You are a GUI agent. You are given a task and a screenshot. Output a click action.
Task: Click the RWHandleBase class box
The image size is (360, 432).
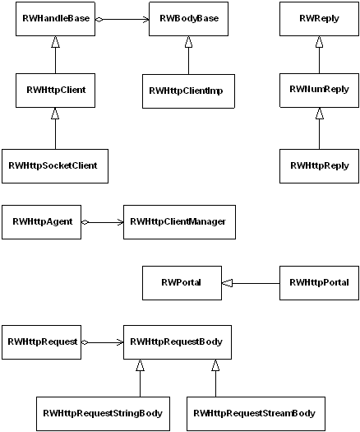[55, 19]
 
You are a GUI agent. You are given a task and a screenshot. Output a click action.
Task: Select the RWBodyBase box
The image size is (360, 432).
[188, 19]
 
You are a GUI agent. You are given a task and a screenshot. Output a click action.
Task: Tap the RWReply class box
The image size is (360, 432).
[319, 19]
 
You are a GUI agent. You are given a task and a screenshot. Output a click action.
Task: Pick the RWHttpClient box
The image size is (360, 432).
[55, 91]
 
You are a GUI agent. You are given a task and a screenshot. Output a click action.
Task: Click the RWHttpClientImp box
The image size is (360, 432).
[188, 91]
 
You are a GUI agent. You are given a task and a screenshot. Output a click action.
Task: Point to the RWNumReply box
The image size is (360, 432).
[319, 91]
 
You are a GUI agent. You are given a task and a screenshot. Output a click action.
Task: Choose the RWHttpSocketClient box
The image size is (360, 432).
[55, 166]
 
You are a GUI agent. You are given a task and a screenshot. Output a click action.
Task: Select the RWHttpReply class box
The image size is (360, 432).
[319, 166]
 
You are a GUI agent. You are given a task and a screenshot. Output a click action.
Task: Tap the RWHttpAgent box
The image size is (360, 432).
[42, 222]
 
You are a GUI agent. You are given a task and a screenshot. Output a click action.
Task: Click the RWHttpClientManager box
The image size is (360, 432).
[179, 222]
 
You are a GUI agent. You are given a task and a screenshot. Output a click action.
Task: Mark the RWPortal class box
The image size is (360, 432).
[182, 283]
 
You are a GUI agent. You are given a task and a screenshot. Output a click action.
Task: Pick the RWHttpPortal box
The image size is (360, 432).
[319, 283]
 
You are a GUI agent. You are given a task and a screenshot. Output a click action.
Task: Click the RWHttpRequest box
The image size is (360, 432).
[42, 342]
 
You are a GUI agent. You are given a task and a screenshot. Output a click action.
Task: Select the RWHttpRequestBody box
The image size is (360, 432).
[178, 342]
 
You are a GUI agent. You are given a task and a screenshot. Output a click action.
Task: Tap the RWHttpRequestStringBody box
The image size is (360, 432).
[104, 414]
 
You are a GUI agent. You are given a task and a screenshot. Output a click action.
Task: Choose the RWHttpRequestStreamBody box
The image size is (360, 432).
[256, 414]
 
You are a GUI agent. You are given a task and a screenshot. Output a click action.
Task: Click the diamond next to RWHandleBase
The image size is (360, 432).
[99, 19]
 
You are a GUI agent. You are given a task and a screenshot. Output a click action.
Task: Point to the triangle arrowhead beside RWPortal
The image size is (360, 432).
[227, 283]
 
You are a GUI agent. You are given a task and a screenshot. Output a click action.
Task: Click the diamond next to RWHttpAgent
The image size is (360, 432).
[85, 222]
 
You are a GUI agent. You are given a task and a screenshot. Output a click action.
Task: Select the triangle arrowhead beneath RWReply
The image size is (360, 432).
[319, 42]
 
